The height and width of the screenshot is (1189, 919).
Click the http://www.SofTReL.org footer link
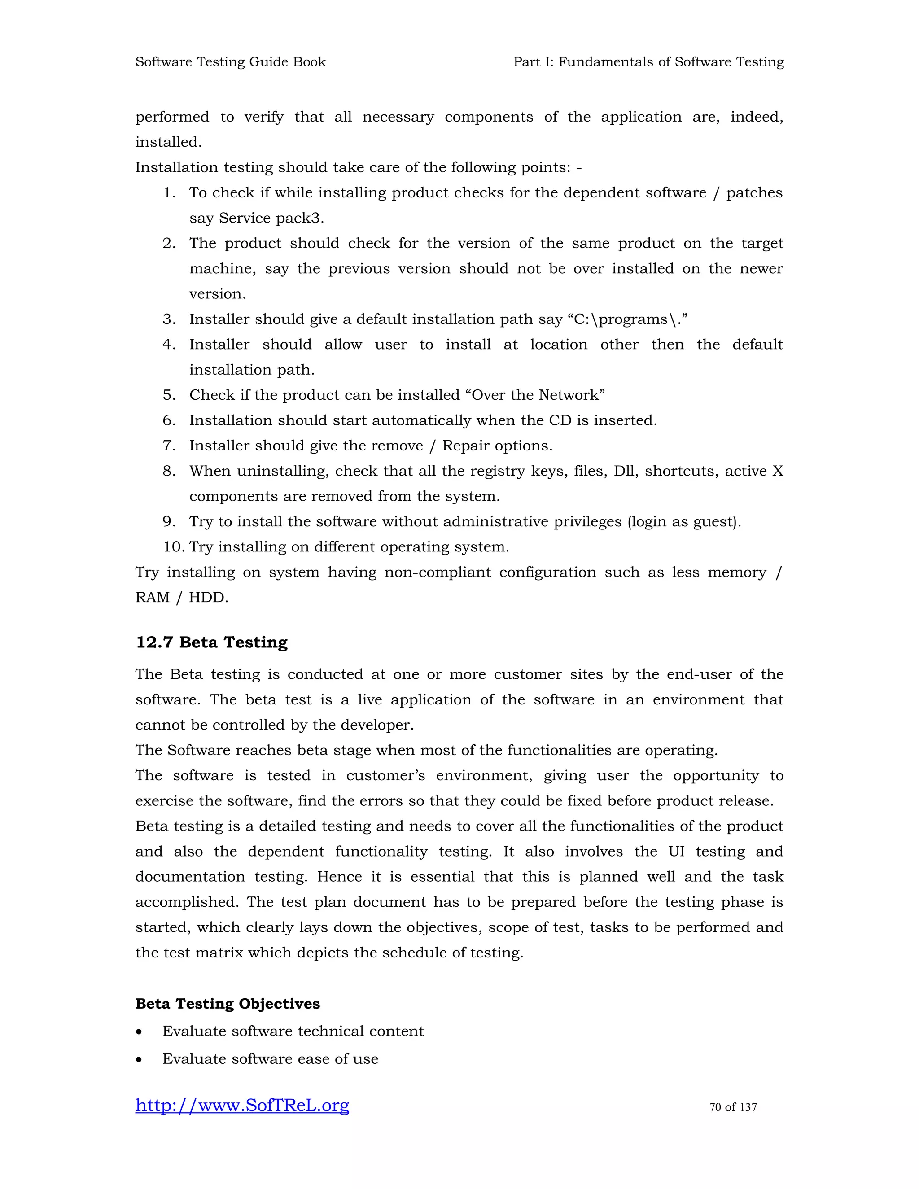[x=242, y=1106]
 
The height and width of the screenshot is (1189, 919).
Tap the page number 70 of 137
[x=733, y=1107]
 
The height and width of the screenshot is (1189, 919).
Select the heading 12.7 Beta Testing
[x=211, y=643]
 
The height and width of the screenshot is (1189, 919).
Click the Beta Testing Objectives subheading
[x=228, y=1003]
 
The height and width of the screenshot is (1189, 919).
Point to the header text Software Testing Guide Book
[x=230, y=62]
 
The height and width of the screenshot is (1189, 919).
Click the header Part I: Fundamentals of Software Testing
[x=648, y=62]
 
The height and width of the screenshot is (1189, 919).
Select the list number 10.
[x=174, y=547]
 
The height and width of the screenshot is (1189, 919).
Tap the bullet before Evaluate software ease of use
[x=140, y=1059]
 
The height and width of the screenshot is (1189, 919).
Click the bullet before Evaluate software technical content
[x=140, y=1032]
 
